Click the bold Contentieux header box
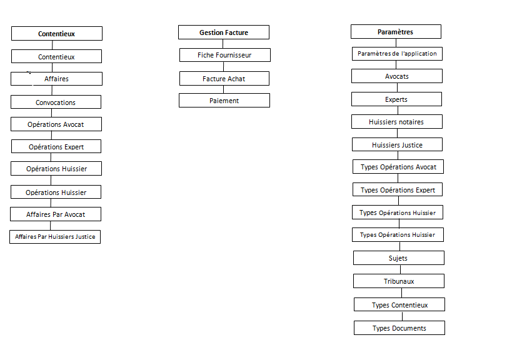57,34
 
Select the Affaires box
57,79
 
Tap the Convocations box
56,102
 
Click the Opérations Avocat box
56,124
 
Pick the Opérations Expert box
56,146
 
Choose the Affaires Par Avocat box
56,214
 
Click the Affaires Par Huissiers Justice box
55,237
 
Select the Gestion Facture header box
224,32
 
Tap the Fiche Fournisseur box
225,55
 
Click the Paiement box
224,101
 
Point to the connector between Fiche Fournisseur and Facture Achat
223,67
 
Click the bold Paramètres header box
396,32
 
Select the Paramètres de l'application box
398,54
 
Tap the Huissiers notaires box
397,122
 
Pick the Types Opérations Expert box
398,190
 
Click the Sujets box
399,258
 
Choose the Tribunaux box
399,281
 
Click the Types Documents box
399,328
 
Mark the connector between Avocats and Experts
398,87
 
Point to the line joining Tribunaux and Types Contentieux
401,292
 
